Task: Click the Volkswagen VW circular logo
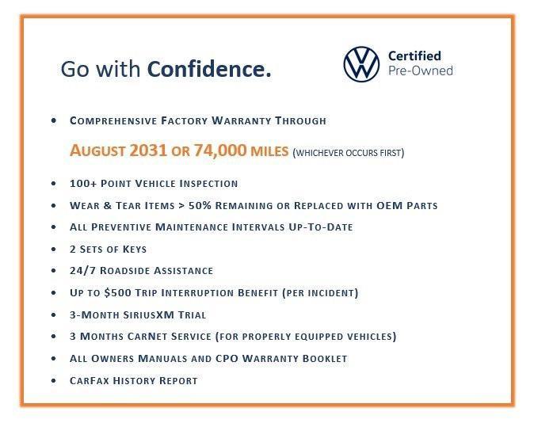pyautogui.click(x=361, y=63)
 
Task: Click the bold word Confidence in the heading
pyautogui.click(x=209, y=70)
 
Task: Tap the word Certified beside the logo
pyautogui.click(x=414, y=55)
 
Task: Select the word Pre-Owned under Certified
pyautogui.click(x=420, y=70)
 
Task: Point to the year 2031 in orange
pyautogui.click(x=151, y=151)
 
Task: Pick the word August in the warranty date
pyautogui.click(x=98, y=151)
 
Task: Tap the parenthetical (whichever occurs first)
pyautogui.click(x=349, y=152)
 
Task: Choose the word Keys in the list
pyautogui.click(x=132, y=249)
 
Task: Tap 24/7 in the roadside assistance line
pyautogui.click(x=82, y=271)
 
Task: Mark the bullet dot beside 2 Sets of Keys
pyautogui.click(x=53, y=250)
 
